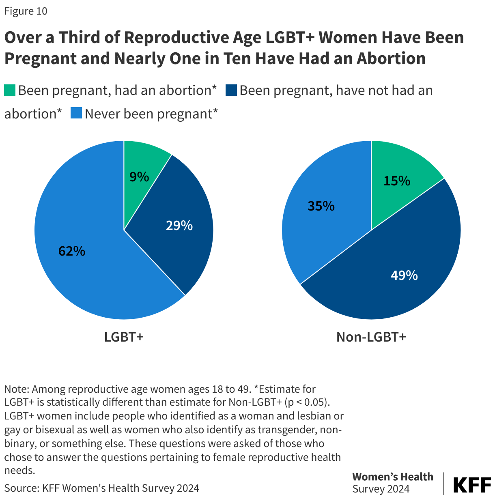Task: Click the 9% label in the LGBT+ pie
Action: [x=139, y=177]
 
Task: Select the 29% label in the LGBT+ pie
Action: [x=179, y=226]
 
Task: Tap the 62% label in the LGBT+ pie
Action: [x=72, y=252]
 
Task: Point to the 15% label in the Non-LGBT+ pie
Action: [x=397, y=181]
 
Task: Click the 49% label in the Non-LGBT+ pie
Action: [x=404, y=275]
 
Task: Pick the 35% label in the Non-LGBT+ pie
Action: [x=321, y=206]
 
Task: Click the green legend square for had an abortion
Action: [x=10, y=90]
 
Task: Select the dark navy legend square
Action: [x=231, y=90]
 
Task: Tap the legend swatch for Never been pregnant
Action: [x=76, y=113]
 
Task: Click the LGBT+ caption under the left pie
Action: [x=124, y=337]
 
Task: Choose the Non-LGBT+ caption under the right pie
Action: [x=371, y=337]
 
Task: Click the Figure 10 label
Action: [x=26, y=11]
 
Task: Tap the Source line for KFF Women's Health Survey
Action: [x=102, y=488]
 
